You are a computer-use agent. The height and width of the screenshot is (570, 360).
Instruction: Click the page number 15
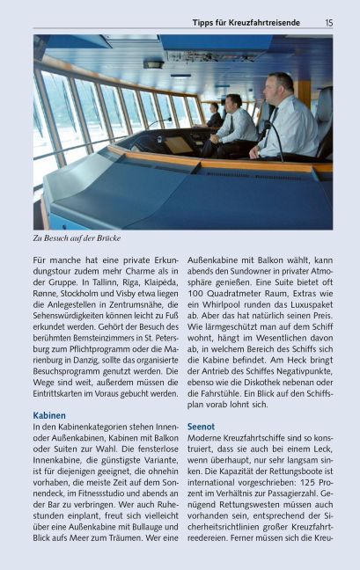pos(328,22)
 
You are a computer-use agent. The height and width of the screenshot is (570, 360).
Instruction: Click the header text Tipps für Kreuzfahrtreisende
pos(246,22)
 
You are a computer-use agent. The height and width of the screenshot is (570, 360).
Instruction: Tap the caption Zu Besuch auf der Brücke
pos(77,237)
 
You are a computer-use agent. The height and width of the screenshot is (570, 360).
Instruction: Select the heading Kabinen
pos(49,414)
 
